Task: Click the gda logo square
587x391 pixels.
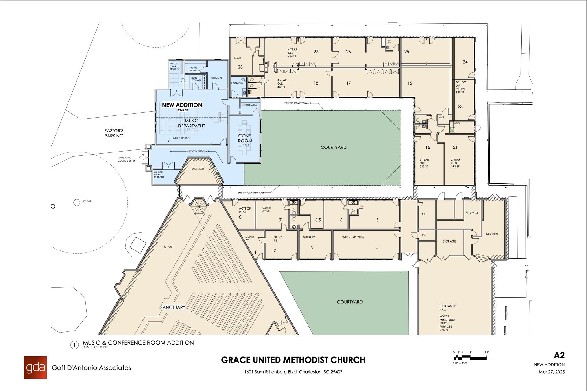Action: point(35,367)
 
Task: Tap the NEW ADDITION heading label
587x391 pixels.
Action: point(182,105)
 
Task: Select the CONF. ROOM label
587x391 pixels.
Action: point(245,138)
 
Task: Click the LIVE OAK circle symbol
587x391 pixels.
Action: point(77,202)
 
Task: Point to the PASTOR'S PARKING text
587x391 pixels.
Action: point(114,133)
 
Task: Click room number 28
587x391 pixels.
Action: point(240,67)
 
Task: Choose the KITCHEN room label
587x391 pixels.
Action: point(492,234)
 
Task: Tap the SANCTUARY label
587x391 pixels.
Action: point(173,307)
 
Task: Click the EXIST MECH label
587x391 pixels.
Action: point(198,169)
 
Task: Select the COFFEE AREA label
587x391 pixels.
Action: point(249,105)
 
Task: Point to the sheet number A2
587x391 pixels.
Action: point(559,355)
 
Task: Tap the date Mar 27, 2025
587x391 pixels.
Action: point(552,372)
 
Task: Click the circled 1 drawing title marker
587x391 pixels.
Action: point(74,345)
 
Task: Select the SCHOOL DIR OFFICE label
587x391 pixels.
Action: point(461,87)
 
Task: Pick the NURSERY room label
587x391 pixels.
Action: point(309,237)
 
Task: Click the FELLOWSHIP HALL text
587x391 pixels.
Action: point(448,308)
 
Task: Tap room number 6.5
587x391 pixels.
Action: point(318,220)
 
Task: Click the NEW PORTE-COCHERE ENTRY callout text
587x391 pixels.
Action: point(126,159)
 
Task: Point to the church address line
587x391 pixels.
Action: point(293,372)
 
